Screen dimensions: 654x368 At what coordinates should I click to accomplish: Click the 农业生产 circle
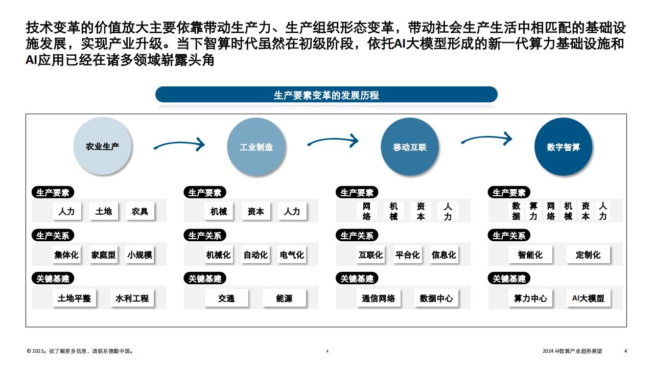(x=103, y=146)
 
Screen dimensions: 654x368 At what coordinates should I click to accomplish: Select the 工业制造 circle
(x=256, y=147)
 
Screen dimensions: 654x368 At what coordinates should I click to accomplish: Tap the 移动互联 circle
(x=410, y=147)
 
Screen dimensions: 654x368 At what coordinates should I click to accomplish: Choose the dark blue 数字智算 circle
(x=563, y=147)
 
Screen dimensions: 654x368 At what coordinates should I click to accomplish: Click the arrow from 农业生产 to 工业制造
(x=179, y=143)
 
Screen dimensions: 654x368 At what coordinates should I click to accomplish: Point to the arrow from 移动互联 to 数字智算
(x=486, y=137)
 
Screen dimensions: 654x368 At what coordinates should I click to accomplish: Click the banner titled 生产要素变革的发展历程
(x=326, y=95)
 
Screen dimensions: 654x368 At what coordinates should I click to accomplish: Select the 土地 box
(x=104, y=211)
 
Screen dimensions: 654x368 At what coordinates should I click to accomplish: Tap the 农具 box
(x=140, y=211)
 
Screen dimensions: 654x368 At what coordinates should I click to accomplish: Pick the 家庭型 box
(x=103, y=255)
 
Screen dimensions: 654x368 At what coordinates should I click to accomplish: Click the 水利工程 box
(x=132, y=298)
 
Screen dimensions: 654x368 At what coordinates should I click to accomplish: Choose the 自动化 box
(x=255, y=255)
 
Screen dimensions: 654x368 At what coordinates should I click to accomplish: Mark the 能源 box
(x=284, y=298)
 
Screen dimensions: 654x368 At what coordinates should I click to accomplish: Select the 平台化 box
(x=408, y=255)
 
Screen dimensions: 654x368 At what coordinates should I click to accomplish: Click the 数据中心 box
(x=436, y=298)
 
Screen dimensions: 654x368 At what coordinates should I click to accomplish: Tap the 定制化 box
(x=588, y=255)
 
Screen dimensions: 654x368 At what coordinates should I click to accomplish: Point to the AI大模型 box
(x=588, y=298)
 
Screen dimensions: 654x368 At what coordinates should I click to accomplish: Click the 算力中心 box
(x=530, y=298)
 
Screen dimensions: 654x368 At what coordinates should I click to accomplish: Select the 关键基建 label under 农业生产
(x=53, y=279)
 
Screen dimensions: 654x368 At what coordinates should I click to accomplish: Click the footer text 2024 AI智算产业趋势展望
(x=572, y=351)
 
